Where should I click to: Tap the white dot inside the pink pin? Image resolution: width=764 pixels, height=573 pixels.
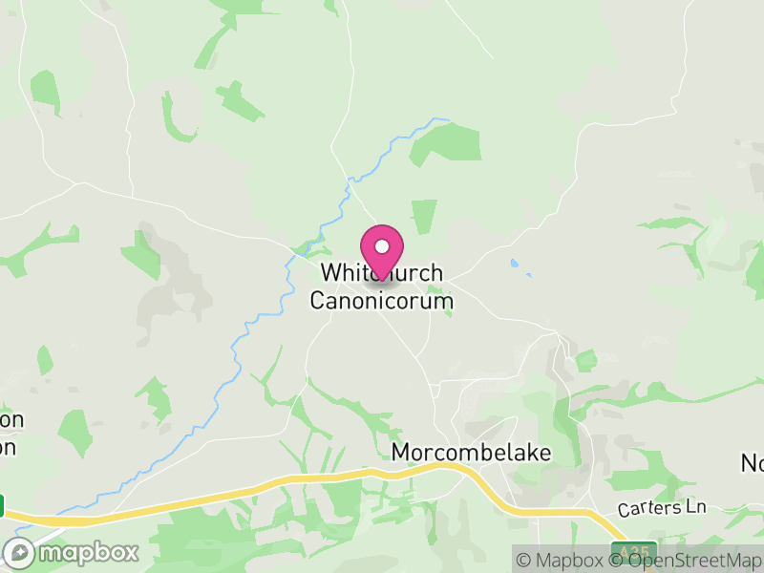(382, 246)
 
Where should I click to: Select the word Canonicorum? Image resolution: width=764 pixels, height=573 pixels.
(381, 302)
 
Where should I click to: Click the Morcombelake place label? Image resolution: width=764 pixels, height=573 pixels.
(472, 453)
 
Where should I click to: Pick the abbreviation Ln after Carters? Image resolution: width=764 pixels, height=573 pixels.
(695, 507)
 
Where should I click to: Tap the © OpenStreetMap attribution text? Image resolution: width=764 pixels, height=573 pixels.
(687, 560)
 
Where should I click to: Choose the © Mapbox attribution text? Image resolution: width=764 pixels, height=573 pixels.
(561, 560)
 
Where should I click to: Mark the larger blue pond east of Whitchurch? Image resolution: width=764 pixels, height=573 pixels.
(516, 263)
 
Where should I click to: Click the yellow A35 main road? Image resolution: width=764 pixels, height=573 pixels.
(286, 481)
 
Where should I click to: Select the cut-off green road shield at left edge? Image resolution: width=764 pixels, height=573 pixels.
(2, 505)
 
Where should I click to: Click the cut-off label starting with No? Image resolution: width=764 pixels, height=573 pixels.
(753, 463)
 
